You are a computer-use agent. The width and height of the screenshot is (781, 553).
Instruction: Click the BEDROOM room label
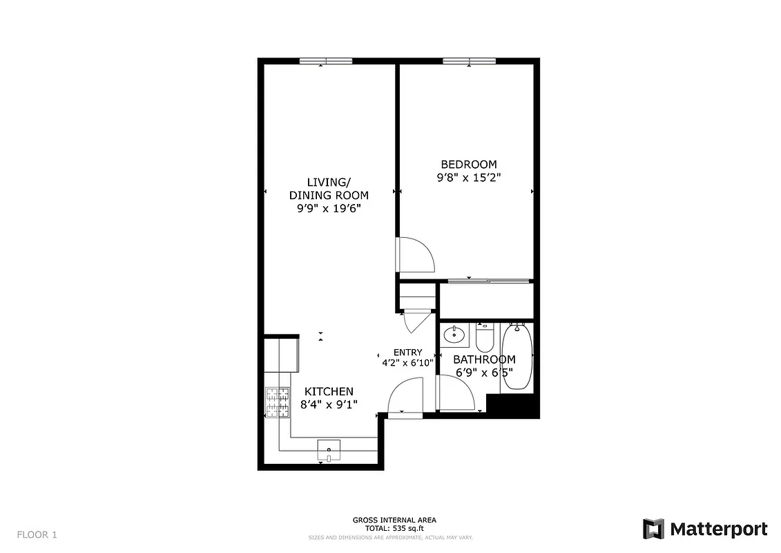tap(468, 165)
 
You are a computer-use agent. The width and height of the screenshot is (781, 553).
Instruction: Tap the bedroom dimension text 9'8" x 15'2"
tap(468, 178)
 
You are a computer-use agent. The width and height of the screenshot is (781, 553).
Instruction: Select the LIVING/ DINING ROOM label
tap(329, 188)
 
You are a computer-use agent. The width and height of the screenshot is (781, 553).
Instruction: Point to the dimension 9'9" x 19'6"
tap(329, 208)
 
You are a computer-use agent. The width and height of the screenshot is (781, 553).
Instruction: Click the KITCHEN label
tap(329, 391)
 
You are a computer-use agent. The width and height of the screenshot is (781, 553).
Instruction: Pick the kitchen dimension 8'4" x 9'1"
tap(329, 404)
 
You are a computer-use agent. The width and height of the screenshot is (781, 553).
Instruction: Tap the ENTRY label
tap(407, 353)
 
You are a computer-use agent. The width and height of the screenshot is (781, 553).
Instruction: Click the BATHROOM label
tap(484, 359)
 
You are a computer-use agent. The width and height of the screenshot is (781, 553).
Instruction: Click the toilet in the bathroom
tap(484, 337)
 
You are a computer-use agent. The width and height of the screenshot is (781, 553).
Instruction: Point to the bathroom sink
tap(454, 335)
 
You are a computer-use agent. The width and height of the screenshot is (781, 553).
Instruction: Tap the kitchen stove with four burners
tap(278, 402)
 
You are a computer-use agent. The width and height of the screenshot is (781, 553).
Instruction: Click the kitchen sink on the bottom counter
tap(329, 449)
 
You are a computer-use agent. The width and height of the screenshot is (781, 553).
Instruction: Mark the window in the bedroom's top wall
tap(470, 62)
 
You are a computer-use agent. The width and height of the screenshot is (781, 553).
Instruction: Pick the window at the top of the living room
tap(325, 62)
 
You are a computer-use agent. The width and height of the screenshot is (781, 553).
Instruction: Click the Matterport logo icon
tap(653, 529)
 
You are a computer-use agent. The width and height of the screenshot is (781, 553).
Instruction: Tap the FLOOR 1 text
tap(37, 534)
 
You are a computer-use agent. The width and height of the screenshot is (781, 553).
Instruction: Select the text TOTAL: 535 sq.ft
tap(394, 528)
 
